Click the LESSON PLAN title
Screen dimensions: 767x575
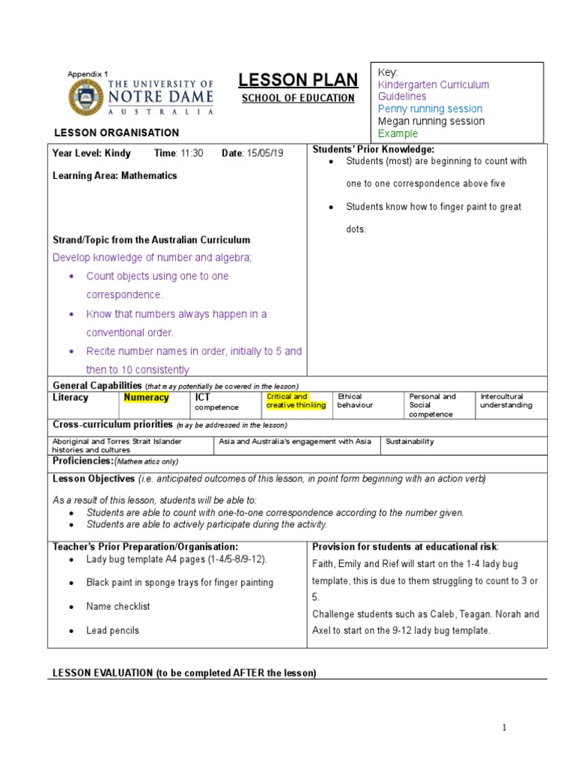point(297,80)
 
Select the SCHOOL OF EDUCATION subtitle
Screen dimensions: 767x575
point(297,98)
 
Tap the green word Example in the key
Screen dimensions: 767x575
point(398,133)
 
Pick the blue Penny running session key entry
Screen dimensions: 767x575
point(431,109)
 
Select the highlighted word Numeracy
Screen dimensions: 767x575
point(147,398)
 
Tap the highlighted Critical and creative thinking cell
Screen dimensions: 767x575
point(296,401)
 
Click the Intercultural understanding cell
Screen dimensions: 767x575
point(506,401)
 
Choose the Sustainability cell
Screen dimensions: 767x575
point(410,442)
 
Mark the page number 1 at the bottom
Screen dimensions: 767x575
point(505,727)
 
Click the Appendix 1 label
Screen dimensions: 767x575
point(88,73)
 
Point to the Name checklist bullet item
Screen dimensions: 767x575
point(118,606)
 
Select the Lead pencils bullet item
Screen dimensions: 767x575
point(112,631)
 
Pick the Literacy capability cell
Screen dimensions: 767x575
point(70,398)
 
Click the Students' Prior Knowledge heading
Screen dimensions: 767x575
point(373,150)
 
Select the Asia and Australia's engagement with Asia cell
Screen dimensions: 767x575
point(296,442)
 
